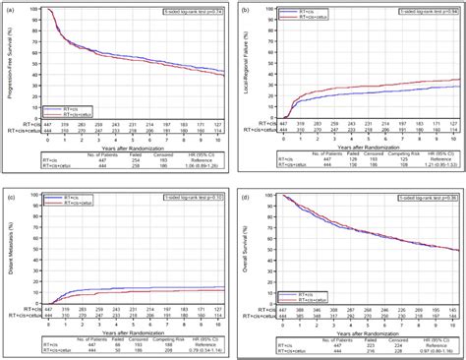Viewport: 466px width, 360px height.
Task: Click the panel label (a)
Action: (x=12, y=9)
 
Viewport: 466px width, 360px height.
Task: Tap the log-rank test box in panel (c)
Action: (x=192, y=193)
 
